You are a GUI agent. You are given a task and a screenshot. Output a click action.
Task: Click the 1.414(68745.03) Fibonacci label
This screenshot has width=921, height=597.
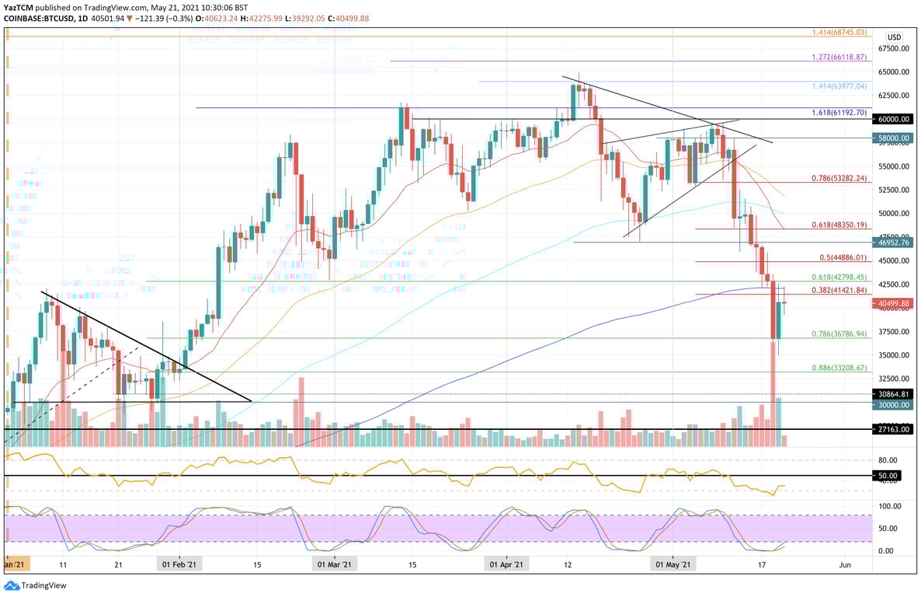pos(840,33)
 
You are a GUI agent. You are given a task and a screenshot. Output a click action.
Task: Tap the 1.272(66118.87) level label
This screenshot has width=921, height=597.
pos(840,57)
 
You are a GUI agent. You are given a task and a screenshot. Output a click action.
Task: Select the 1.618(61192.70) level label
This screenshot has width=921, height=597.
pos(840,112)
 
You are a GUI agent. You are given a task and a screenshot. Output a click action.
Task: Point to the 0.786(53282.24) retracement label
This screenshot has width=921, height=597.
pos(840,178)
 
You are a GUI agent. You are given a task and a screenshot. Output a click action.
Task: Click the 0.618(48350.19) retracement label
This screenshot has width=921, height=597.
pos(840,225)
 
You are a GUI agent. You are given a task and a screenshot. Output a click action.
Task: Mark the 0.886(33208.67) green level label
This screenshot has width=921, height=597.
pos(840,368)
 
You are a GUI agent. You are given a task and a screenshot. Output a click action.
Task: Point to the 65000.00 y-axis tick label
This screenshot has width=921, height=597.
pos(894,72)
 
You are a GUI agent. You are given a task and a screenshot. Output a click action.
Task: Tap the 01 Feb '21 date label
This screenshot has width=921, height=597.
pos(179,563)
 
